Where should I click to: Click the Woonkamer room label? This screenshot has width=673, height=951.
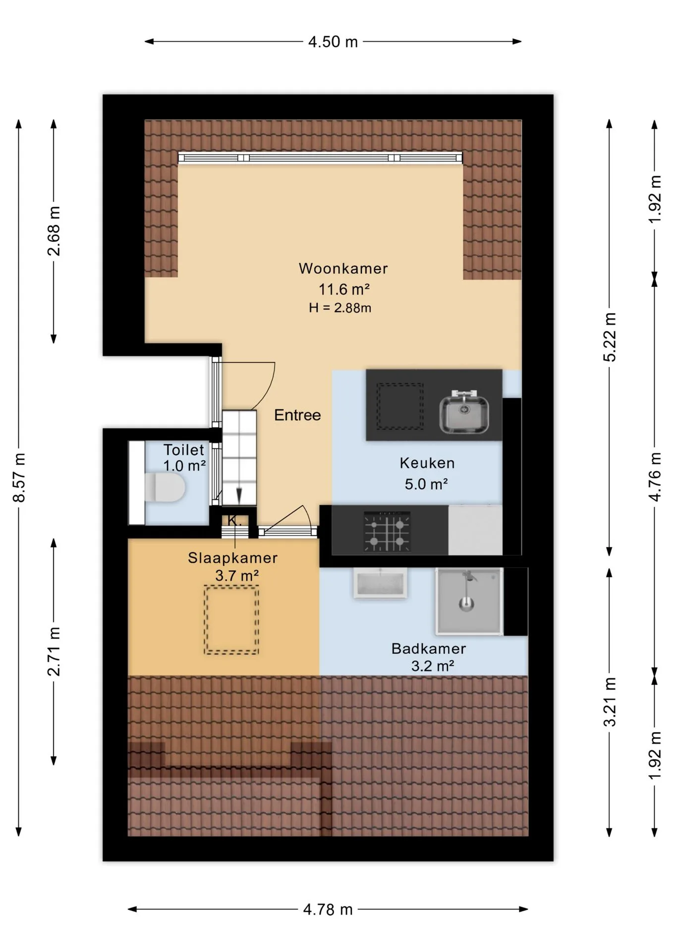click(x=343, y=268)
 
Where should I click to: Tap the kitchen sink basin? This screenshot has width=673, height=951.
click(x=464, y=412)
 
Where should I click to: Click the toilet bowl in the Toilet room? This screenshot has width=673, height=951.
click(x=166, y=487)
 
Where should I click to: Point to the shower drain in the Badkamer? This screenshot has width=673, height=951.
click(x=466, y=604)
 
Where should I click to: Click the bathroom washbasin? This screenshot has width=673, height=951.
click(x=380, y=583)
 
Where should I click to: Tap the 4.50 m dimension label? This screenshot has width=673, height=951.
click(x=333, y=42)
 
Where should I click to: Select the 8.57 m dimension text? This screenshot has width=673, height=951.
click(x=19, y=477)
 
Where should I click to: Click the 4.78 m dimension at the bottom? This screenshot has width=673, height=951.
click(x=328, y=909)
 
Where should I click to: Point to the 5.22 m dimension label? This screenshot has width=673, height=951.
click(x=610, y=337)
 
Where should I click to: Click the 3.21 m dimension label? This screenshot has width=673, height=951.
click(x=610, y=701)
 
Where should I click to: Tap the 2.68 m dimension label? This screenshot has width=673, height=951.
click(x=54, y=231)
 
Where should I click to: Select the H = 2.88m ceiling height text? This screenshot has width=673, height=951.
click(x=340, y=308)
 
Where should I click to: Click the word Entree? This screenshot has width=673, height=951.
click(x=297, y=415)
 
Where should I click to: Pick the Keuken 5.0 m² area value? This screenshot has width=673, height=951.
click(x=426, y=484)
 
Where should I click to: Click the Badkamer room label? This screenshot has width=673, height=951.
click(x=429, y=648)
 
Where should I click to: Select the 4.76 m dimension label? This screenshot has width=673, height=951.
click(x=655, y=476)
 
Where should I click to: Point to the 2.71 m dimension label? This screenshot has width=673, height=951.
click(x=54, y=651)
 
